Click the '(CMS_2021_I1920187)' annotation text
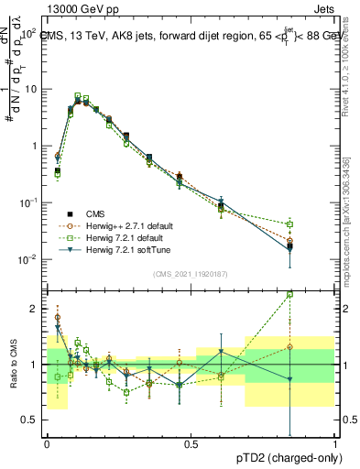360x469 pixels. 190,274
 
